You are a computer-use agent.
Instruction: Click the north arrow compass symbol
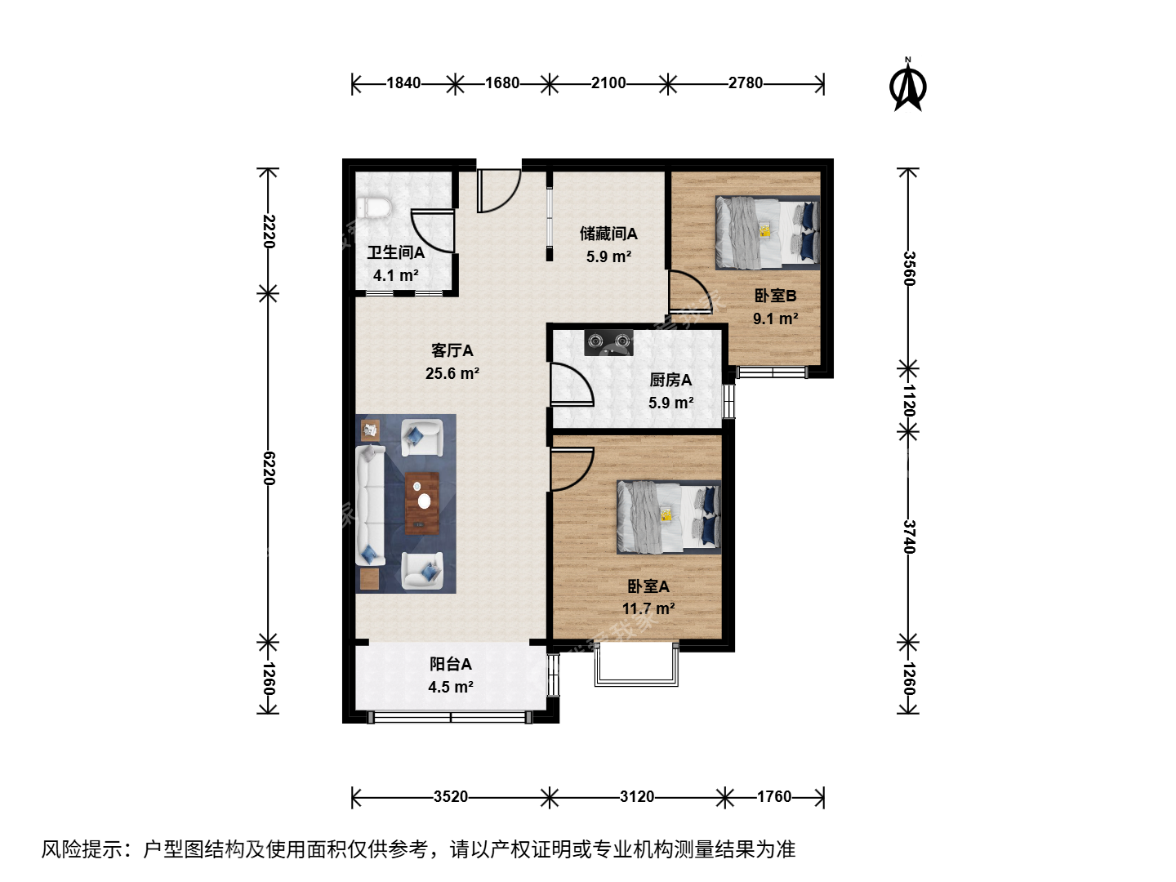tap(907, 86)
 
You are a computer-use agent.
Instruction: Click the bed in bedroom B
tap(768, 233)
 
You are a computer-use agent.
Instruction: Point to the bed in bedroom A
tap(669, 517)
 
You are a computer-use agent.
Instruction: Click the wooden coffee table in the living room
tap(422, 503)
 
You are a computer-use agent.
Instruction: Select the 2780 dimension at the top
tap(746, 83)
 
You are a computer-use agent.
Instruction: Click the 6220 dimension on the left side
tap(269, 468)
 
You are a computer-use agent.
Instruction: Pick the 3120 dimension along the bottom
tap(637, 797)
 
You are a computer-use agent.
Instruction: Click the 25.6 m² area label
tap(452, 373)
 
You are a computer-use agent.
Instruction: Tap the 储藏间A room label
tap(608, 234)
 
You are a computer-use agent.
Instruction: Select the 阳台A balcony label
tap(451, 664)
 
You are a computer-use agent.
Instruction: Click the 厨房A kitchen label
tap(670, 381)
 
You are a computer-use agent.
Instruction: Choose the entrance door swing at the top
tap(499, 191)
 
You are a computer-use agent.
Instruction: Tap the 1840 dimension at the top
tap(403, 83)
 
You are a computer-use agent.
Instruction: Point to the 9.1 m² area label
tap(776, 319)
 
